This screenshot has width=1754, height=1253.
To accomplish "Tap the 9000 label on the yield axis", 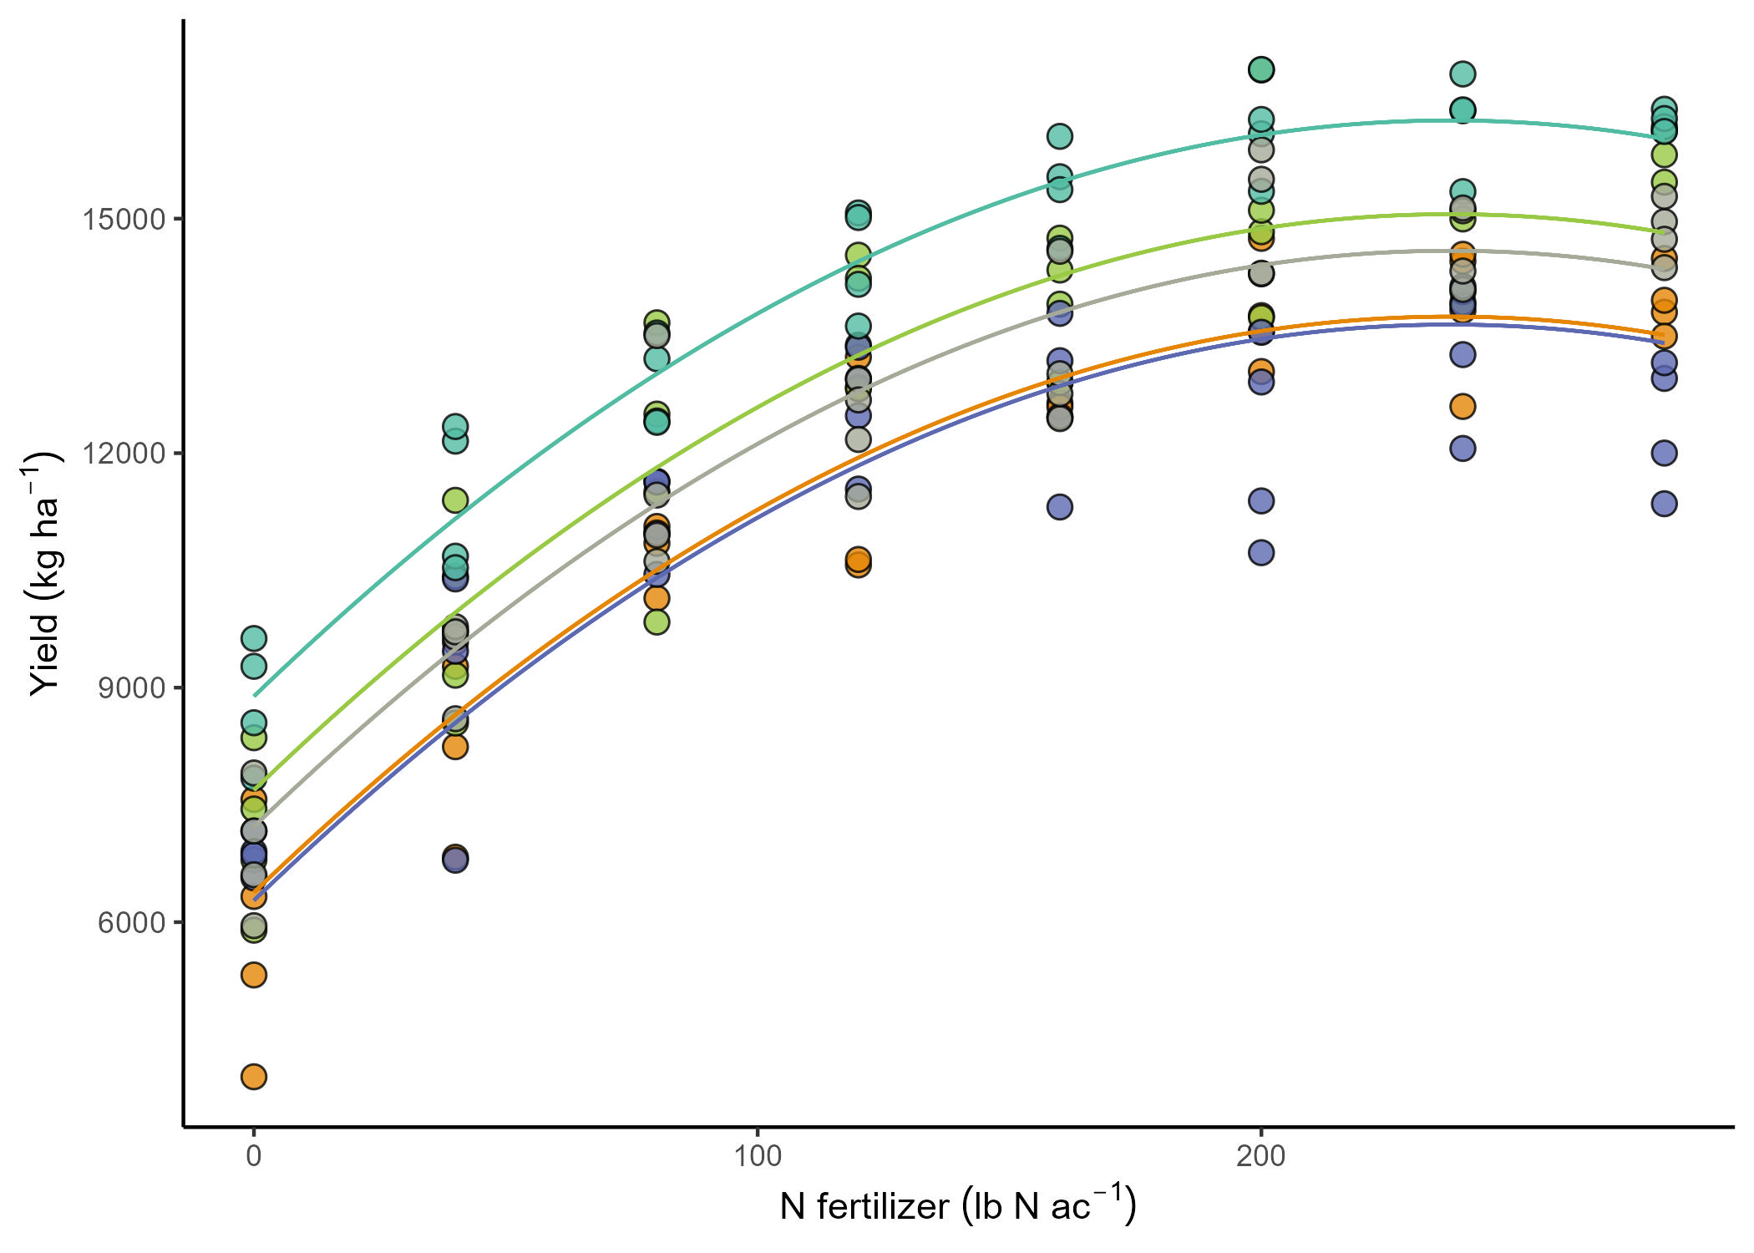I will [132, 688].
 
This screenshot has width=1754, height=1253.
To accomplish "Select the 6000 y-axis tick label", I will [132, 922].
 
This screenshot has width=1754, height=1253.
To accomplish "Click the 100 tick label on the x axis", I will [758, 1157].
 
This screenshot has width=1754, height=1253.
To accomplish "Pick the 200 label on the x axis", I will [1261, 1157].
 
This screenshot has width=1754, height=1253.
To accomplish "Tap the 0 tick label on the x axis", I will [254, 1157].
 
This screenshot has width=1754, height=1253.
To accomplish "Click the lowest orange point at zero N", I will [254, 1077].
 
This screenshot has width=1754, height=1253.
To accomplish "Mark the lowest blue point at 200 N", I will [1261, 553].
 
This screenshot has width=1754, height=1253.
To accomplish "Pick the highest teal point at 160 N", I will [1060, 136].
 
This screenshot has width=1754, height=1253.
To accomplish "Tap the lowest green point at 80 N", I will [657, 622].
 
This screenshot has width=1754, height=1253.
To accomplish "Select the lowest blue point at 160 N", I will [1060, 507].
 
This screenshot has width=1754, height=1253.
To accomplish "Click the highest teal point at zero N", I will [254, 639].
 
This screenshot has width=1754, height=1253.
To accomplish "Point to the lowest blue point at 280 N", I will [1665, 504].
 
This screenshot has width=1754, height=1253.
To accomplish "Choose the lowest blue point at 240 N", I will [1463, 449].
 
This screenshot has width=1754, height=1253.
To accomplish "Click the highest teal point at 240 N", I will [1463, 74].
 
